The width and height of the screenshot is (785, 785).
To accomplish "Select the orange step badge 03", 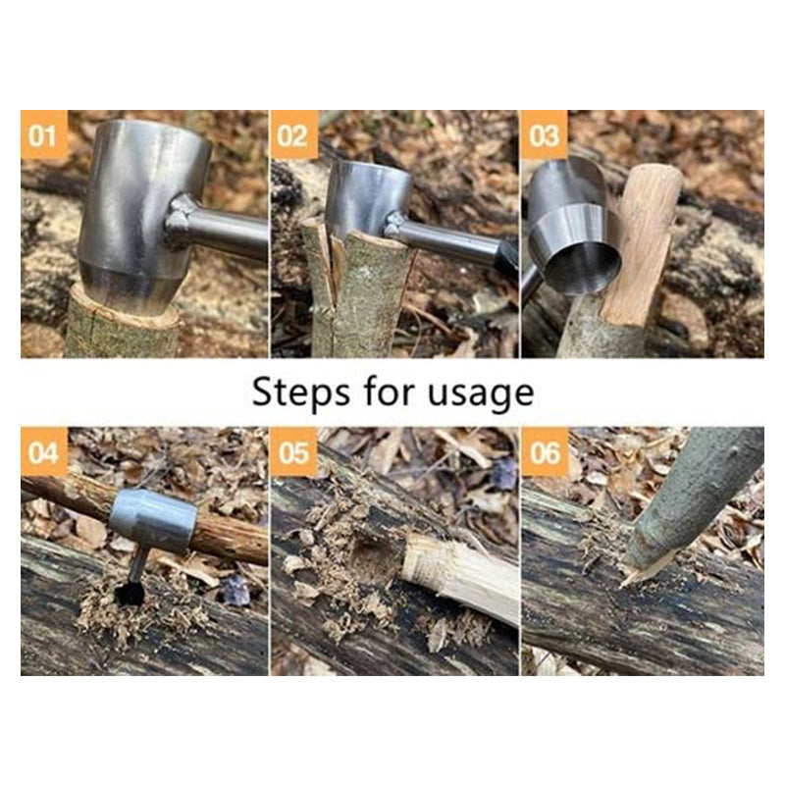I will point(545,135).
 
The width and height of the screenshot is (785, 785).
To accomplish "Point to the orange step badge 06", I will point(545,452).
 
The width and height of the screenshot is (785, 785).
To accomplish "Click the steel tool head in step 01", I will point(137,211).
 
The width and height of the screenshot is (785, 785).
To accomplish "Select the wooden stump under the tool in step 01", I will point(123,329).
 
